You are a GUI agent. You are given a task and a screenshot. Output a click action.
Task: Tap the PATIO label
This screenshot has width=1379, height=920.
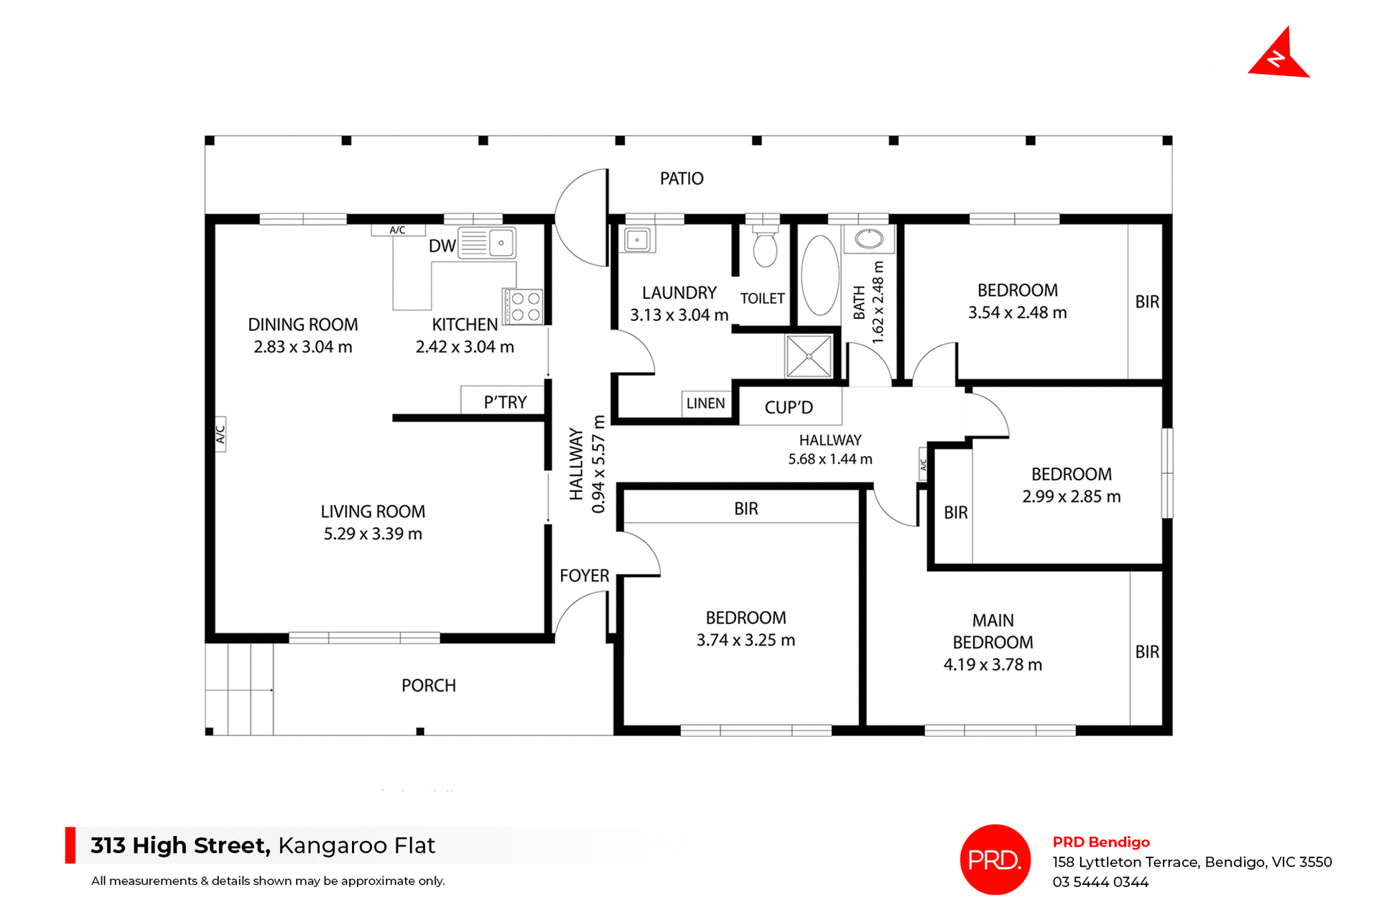click(682, 178)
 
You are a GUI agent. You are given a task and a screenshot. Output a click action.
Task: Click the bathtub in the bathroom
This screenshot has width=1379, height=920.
click(819, 276)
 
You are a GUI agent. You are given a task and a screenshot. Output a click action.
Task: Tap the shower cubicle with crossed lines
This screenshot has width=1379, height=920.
click(809, 356)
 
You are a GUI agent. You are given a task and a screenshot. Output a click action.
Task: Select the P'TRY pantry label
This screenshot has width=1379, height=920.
click(505, 402)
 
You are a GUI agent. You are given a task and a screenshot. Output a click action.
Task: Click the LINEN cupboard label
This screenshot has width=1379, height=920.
click(705, 404)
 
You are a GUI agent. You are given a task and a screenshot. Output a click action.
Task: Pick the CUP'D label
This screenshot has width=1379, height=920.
click(789, 408)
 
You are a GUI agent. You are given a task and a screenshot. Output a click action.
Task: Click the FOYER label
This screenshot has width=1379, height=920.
click(584, 576)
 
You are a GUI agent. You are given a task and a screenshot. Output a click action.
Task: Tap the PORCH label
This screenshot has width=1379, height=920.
click(428, 686)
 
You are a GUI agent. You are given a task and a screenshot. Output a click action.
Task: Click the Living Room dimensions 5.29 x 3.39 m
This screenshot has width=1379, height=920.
click(373, 534)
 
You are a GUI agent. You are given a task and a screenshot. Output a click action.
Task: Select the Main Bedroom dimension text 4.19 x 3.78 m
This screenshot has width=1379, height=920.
click(993, 665)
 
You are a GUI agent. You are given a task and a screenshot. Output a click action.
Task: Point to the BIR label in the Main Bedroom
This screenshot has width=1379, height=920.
click(1147, 652)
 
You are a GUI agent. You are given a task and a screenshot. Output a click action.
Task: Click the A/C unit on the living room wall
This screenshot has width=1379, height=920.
click(220, 434)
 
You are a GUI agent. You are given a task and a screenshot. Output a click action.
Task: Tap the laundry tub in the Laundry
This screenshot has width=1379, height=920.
click(637, 239)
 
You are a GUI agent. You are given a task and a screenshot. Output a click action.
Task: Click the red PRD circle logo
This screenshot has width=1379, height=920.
click(995, 860)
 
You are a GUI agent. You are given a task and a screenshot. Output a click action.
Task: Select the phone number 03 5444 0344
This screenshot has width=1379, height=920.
click(1100, 882)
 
